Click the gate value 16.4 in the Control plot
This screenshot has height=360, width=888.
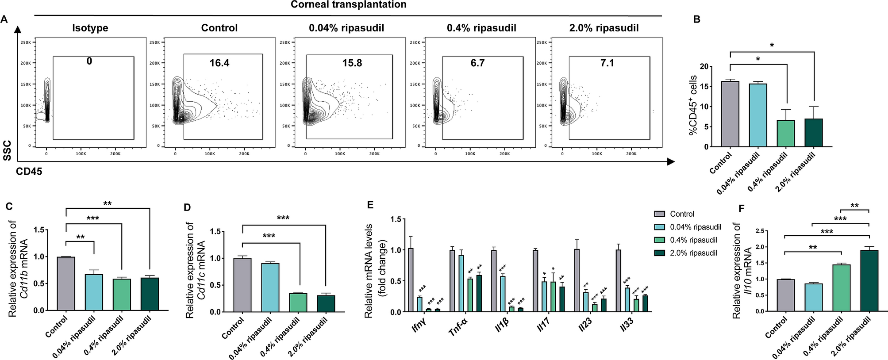coord(219,63)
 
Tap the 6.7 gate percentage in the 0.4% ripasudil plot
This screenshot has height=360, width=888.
coord(477,63)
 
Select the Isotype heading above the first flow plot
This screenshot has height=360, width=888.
coord(90,28)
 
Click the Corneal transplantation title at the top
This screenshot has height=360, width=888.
coord(348,5)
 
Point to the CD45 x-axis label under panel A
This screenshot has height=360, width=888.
coord(29,172)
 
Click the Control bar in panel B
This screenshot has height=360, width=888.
coord(730,114)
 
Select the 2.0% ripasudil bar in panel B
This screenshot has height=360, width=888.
coord(814,133)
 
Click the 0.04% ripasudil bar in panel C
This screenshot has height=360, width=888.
coord(94,292)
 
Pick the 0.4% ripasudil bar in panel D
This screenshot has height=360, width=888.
coord(298,303)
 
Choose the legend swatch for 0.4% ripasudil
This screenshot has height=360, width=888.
coord(660,240)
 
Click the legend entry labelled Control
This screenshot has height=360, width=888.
coord(682,214)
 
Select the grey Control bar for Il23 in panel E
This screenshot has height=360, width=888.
coord(577,281)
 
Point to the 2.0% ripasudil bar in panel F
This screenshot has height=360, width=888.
coord(869,281)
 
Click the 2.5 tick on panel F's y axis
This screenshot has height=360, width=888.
coord(760,231)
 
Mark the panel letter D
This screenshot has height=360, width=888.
coord(187,207)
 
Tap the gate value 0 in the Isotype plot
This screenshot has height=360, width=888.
coord(89,61)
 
